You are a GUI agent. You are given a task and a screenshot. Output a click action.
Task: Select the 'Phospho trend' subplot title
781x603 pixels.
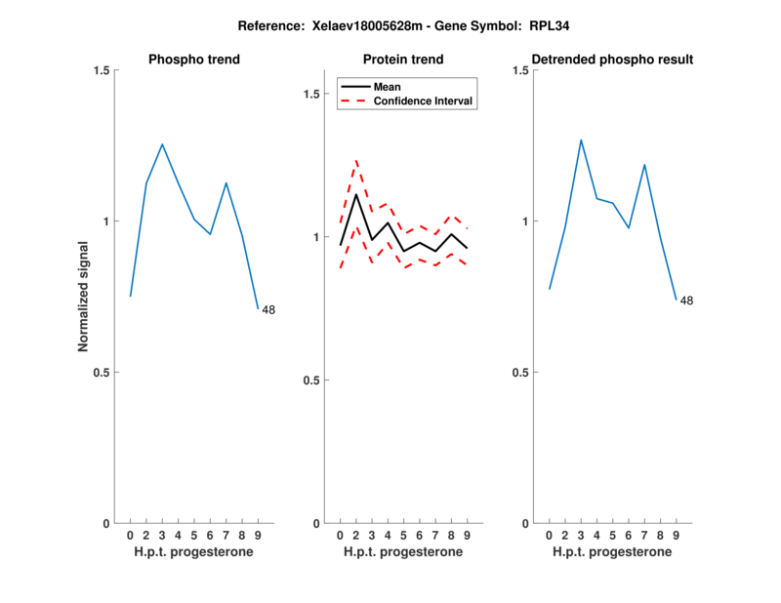[194, 60]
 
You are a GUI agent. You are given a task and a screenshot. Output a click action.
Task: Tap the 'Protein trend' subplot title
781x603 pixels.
[403, 60]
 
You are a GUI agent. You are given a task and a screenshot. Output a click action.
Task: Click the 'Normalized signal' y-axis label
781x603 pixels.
[84, 296]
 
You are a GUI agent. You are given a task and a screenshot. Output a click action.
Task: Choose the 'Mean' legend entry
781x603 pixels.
[387, 86]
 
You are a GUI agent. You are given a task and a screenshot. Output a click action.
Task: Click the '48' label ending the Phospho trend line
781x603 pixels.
[268, 310]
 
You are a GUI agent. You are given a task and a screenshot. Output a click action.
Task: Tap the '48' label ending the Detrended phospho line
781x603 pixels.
[686, 301]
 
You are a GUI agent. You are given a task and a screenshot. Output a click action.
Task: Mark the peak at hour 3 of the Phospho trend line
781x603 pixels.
[162, 144]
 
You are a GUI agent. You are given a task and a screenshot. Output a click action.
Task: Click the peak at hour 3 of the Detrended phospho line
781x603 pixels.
[581, 140]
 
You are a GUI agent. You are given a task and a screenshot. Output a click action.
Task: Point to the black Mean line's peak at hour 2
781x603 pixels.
[356, 194]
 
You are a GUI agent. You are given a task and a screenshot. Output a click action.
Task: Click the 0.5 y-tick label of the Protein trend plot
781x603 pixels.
[311, 381]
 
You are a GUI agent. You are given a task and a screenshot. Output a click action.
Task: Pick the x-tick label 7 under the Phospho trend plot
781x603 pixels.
[226, 535]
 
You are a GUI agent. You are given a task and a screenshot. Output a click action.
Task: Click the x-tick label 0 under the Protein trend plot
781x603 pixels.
[340, 535]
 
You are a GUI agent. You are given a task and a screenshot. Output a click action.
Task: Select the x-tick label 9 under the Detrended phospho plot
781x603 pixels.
[676, 535]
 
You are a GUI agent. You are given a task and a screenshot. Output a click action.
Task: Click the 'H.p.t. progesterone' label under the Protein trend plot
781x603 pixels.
[403, 552]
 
